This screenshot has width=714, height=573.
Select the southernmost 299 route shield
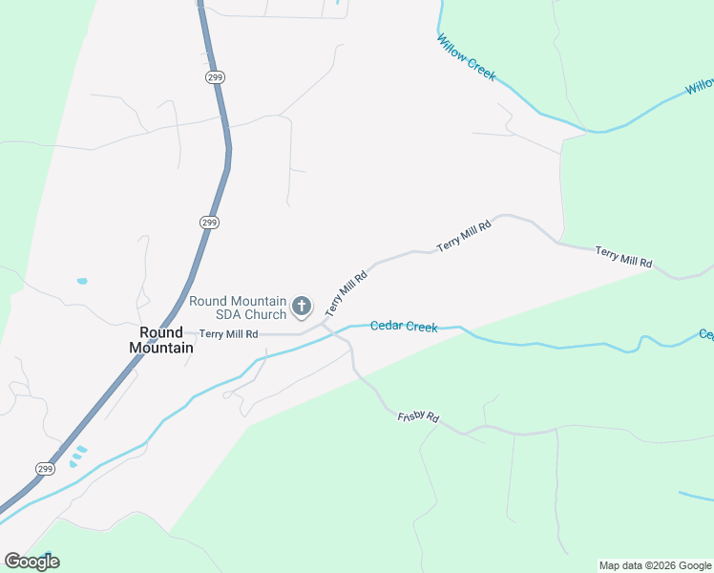coord(45,468)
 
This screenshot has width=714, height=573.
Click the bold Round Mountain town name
coord(161,340)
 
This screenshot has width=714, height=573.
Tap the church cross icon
coord(301,307)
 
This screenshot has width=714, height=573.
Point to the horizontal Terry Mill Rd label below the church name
coord(229,334)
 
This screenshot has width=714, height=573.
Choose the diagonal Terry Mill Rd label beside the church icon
coord(346,291)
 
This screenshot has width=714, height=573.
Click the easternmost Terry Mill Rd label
coord(623,256)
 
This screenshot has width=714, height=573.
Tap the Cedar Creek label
coord(404,327)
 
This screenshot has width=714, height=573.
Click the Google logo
coord(31,562)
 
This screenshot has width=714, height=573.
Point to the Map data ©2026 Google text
coord(656,565)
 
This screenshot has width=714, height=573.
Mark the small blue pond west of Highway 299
coord(81,282)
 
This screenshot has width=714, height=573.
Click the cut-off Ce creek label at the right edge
coord(705,334)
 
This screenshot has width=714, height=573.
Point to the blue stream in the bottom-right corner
coord(695,497)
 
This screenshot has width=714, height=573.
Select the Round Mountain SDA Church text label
coord(238,308)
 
